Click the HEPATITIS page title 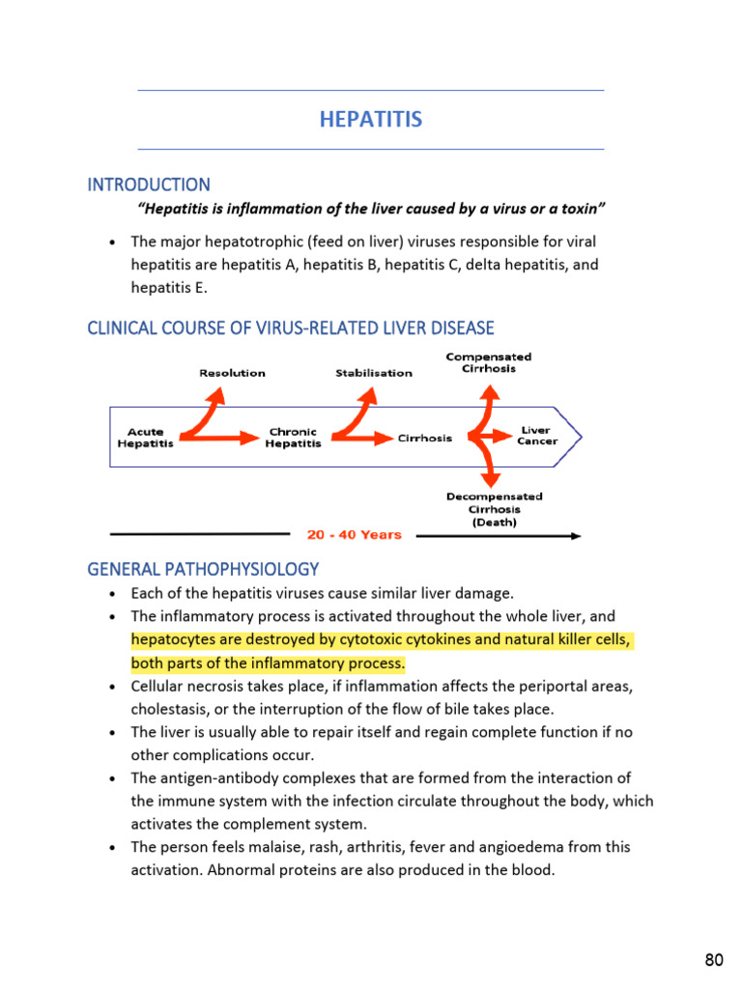(x=371, y=120)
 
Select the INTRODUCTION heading (x=149, y=184)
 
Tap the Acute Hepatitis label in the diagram (x=145, y=438)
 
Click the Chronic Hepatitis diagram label (x=293, y=438)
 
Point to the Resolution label (x=232, y=373)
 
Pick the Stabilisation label (x=374, y=373)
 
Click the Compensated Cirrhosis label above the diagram (x=488, y=362)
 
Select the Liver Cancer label (x=536, y=436)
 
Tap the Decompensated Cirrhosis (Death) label (x=494, y=509)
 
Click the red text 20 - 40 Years (x=355, y=535)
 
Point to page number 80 (x=714, y=959)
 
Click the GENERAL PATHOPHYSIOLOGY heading (x=203, y=569)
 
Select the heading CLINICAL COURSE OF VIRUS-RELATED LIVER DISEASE (x=291, y=328)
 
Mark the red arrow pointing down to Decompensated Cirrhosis (x=489, y=469)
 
